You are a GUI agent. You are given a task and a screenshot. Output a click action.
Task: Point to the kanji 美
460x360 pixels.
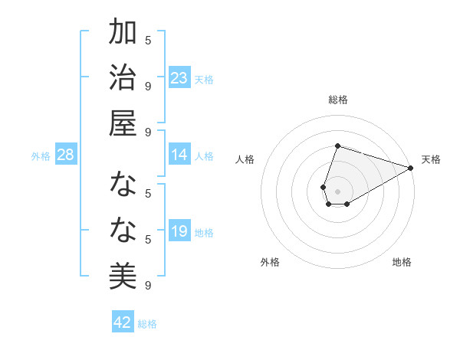[x=123, y=274]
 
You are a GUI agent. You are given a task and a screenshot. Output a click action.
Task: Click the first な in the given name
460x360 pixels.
[x=123, y=185]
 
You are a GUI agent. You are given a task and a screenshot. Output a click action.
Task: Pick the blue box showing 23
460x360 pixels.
[x=179, y=78]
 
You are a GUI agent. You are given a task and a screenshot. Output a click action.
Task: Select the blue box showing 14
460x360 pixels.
[x=179, y=155]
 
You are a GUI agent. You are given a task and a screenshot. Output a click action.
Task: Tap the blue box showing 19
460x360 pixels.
[x=179, y=231]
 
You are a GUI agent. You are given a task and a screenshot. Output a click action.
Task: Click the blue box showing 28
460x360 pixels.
[x=65, y=155]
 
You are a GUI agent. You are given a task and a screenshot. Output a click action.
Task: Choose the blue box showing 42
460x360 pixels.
[x=122, y=322]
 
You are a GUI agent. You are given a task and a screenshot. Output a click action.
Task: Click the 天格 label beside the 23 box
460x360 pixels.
[x=204, y=79]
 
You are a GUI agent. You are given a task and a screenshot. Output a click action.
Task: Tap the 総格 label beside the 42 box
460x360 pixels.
[x=147, y=323]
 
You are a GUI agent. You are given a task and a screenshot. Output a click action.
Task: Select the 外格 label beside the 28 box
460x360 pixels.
[x=41, y=155]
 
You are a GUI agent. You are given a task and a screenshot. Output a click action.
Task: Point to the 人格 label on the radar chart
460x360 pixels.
[x=245, y=159]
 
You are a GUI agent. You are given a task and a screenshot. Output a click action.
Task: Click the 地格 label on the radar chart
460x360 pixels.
[x=402, y=262]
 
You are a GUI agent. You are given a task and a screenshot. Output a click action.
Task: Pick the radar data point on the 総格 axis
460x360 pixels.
[x=337, y=146]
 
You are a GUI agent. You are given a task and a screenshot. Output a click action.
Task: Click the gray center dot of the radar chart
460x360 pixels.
[x=337, y=191]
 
